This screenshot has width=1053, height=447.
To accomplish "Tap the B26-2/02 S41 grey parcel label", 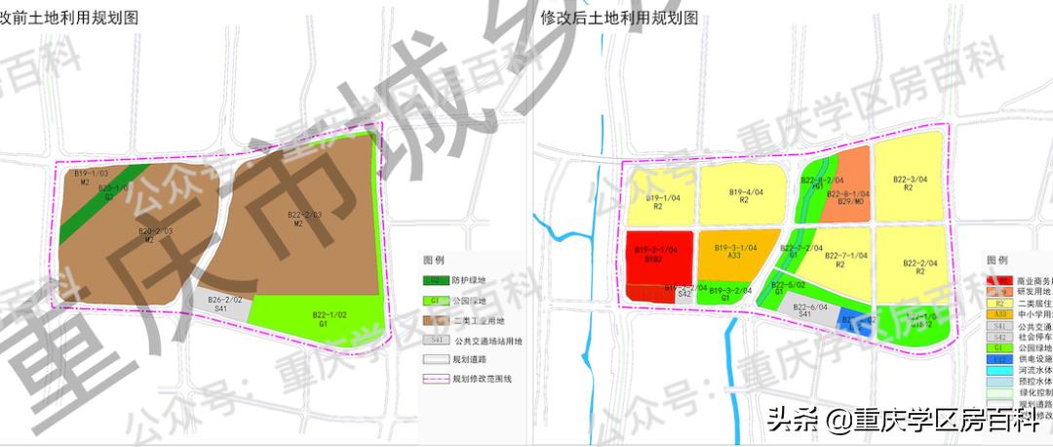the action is pyautogui.click(x=222, y=304).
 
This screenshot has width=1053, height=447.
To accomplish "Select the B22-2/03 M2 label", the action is pyautogui.click(x=303, y=219).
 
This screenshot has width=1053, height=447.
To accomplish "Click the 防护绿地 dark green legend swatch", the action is pyautogui.click(x=435, y=279).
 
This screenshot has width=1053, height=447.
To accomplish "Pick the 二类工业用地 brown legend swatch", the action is pyautogui.click(x=435, y=319).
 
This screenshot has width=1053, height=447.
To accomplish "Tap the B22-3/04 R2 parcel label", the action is pyautogui.click(x=906, y=183).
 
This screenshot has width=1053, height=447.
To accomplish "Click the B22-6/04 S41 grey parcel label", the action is pyautogui.click(x=810, y=310).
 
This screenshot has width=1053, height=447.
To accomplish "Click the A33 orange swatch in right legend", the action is pyautogui.click(x=998, y=314).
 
